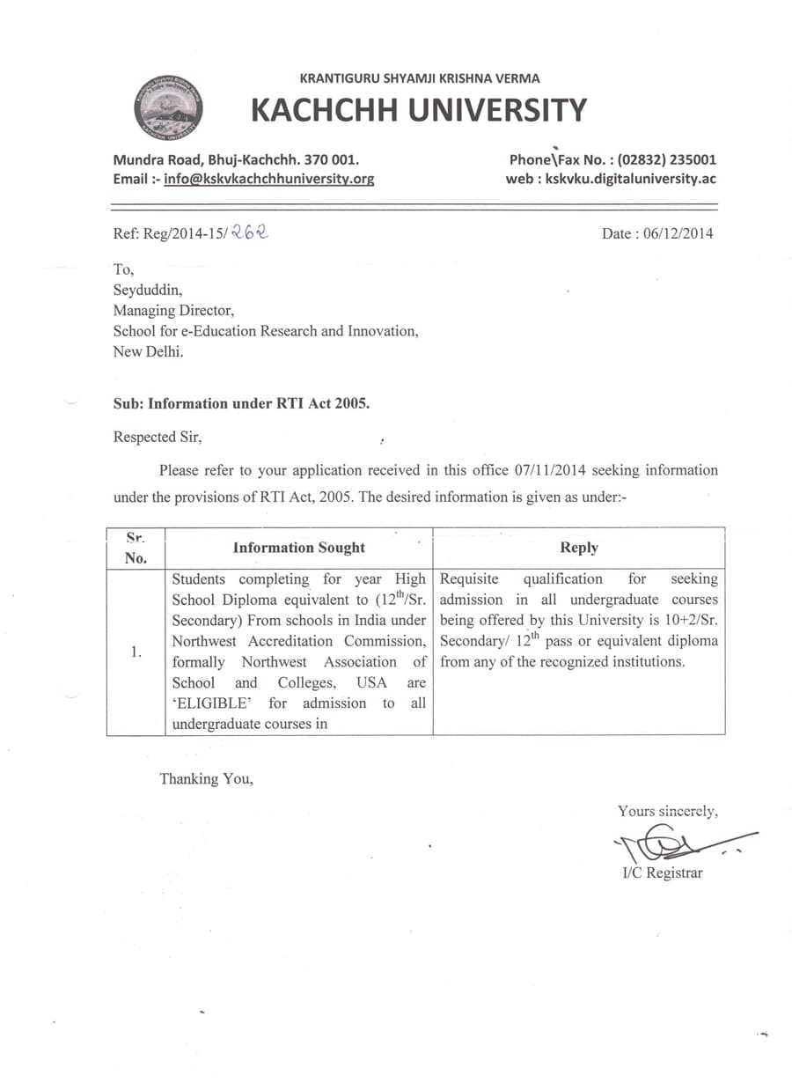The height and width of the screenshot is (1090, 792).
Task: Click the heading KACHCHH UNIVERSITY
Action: (x=418, y=111)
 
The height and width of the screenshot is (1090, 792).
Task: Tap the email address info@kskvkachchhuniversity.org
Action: (x=269, y=179)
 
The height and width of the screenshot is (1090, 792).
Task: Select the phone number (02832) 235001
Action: (x=666, y=160)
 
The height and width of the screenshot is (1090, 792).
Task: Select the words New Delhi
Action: (x=149, y=351)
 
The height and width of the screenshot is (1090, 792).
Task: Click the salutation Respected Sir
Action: (x=163, y=436)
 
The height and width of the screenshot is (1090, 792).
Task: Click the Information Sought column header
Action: (x=298, y=548)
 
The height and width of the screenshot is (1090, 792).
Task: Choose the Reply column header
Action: (x=578, y=548)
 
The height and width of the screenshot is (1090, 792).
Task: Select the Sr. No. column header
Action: (x=136, y=547)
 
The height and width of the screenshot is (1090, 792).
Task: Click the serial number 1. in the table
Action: (x=136, y=652)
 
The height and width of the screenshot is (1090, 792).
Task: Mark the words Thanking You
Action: (x=206, y=778)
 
